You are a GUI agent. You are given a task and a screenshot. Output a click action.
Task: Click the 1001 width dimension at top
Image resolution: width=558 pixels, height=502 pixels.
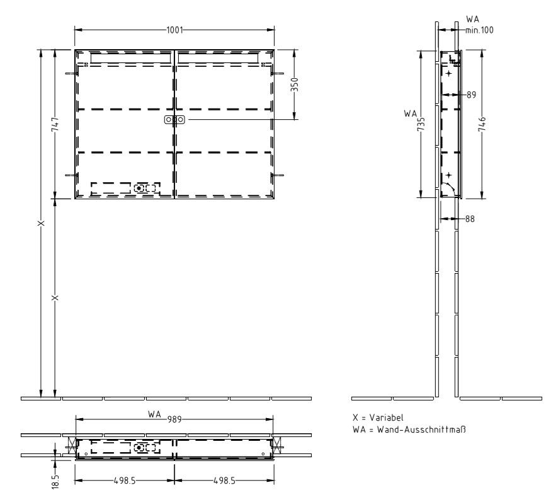click(x=174, y=30)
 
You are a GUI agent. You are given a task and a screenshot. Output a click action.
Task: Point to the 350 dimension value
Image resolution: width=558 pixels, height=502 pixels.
click(x=295, y=85)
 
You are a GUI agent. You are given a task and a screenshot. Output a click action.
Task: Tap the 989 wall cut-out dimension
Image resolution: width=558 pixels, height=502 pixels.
click(x=174, y=419)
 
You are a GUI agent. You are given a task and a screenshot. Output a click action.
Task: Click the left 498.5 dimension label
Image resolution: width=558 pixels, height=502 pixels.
click(x=125, y=481)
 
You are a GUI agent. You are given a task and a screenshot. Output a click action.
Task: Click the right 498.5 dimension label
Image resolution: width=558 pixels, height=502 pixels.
click(x=224, y=481)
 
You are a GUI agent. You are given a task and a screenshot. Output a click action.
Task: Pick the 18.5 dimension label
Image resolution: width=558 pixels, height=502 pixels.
click(x=55, y=481)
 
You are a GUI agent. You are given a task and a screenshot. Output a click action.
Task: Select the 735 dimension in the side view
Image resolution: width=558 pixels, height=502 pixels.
click(x=421, y=124)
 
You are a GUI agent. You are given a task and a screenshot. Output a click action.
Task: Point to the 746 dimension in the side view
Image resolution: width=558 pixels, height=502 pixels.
click(x=482, y=124)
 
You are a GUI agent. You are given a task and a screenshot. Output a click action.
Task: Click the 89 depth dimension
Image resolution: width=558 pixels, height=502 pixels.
click(x=471, y=95)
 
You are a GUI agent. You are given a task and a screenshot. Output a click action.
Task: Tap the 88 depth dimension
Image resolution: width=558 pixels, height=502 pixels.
click(x=470, y=219)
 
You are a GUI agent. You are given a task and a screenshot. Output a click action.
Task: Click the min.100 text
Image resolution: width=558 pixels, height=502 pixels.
click(x=479, y=30)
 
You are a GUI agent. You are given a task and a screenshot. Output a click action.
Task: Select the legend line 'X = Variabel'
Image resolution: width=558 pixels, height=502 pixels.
click(x=378, y=417)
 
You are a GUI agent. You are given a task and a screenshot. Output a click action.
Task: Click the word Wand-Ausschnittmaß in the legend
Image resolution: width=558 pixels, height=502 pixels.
click(x=421, y=429)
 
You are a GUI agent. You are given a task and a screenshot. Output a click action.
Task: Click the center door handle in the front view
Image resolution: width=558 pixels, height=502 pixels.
click(x=174, y=119)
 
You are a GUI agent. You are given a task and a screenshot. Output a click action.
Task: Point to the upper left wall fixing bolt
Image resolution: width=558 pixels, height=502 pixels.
click(x=71, y=74)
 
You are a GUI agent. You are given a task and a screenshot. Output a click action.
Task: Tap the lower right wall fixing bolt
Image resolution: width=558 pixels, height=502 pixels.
click(x=278, y=175)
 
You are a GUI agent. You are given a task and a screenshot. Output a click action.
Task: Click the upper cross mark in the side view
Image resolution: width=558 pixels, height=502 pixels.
click(x=449, y=73)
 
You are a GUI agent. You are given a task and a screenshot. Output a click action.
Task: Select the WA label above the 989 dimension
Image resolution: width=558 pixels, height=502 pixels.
click(x=154, y=414)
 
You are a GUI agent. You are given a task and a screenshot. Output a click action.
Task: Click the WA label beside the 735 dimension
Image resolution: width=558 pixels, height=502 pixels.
click(x=411, y=114)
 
